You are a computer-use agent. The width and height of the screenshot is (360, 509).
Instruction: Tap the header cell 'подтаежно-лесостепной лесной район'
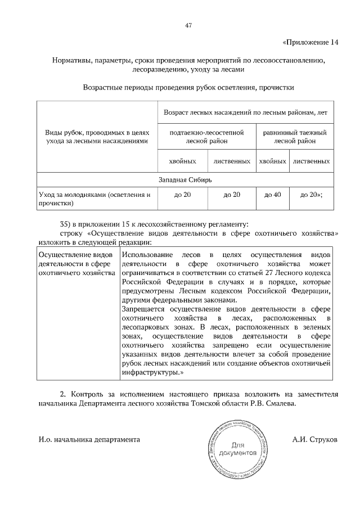pos(206,137)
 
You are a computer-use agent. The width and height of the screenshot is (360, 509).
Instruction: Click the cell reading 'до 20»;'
pos(311,195)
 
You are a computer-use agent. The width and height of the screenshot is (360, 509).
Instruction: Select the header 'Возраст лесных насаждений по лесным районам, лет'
pos(249,112)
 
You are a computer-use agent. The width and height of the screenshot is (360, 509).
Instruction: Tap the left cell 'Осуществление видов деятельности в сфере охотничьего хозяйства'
pos(73,264)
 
